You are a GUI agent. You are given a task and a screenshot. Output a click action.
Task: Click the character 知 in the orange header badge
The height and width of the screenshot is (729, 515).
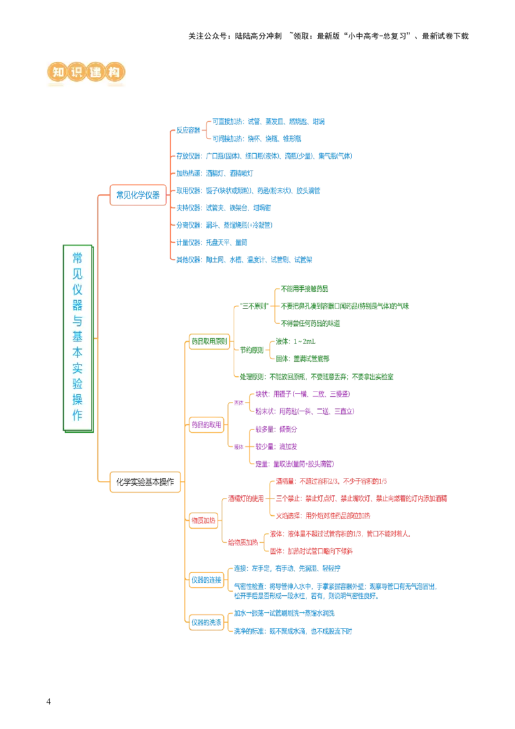[x=58, y=72]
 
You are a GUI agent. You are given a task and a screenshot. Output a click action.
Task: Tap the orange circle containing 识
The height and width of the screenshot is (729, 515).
[x=77, y=72]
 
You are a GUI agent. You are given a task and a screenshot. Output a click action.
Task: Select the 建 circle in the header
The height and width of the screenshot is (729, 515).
[x=96, y=72]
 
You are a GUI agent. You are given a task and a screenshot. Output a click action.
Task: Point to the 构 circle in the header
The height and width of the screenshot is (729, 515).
[x=115, y=72]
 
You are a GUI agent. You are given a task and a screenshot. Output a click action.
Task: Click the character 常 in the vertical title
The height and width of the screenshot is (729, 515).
[x=77, y=258]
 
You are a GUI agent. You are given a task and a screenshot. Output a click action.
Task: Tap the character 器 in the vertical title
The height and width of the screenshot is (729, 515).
[x=77, y=305]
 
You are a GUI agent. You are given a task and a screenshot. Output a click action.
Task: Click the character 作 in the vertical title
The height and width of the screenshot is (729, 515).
[x=77, y=415]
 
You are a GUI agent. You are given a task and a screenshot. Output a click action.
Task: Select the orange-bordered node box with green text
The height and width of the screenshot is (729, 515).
[x=209, y=341]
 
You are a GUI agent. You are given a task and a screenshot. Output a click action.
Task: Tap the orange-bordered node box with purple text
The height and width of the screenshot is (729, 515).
[x=206, y=424]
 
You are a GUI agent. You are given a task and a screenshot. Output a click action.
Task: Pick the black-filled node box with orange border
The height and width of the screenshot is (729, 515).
[x=144, y=482]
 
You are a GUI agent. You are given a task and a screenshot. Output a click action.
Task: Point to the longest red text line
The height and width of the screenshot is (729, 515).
[x=361, y=498]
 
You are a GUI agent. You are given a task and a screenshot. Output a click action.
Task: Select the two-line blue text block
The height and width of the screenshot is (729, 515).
[x=334, y=592]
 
